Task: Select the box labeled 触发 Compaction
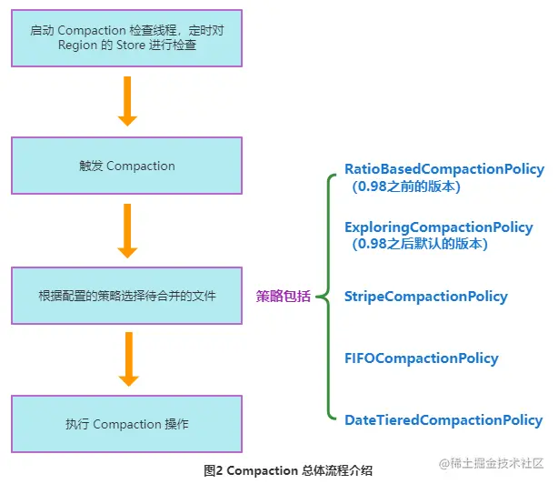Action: [126, 166]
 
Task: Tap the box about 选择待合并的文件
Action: [126, 295]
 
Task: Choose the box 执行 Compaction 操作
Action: [126, 424]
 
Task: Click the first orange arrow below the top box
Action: [127, 101]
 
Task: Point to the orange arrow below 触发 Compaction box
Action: [127, 230]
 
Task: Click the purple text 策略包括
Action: [283, 296]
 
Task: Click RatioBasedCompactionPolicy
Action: [443, 169]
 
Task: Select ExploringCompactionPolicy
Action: [438, 227]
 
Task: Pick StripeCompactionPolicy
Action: [425, 297]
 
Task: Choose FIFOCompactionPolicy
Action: [421, 358]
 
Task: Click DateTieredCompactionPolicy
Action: [443, 420]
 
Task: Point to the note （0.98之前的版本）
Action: [407, 187]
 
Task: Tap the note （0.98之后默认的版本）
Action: [420, 244]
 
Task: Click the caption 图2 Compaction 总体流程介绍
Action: [288, 470]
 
